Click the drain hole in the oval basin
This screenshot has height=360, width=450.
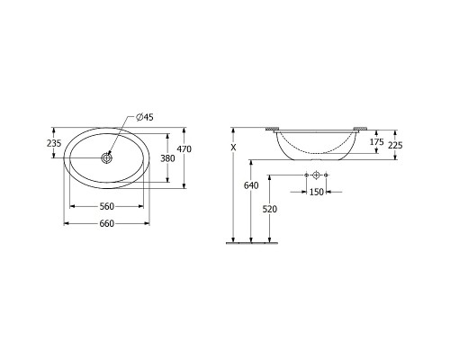coord(107,158)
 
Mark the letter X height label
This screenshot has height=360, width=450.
coord(233,146)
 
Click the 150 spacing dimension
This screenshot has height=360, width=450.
coord(316,193)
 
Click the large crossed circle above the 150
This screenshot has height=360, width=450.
coord(316,174)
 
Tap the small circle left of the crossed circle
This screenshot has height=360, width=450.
coord(306,174)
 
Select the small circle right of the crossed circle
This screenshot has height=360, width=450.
coord(326,174)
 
